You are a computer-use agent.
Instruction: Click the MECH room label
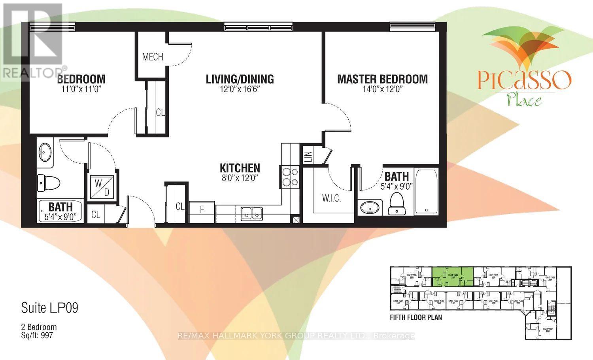pos(153,57)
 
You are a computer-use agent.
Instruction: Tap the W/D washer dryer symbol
pos(102,187)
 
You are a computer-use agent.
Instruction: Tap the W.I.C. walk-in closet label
pos(331,198)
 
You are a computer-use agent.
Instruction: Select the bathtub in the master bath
pos(426,192)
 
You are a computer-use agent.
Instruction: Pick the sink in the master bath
pos(370,207)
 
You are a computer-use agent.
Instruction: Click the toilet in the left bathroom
pos(48,183)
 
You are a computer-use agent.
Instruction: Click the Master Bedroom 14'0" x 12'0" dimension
pos(382,89)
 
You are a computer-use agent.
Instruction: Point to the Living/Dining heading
pos(240,79)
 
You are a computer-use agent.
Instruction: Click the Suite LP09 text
pos(49,308)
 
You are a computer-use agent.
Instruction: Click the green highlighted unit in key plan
pos(452,276)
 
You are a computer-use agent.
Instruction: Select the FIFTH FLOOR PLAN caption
pos(415,317)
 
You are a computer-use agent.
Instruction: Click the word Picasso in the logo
pos(524,80)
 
